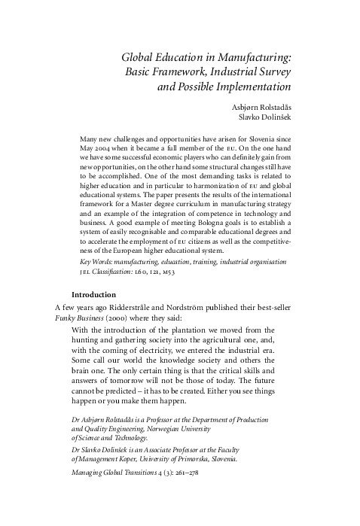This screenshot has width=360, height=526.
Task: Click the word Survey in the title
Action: (x=273, y=71)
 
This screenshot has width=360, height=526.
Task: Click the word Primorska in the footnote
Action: (x=199, y=458)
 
